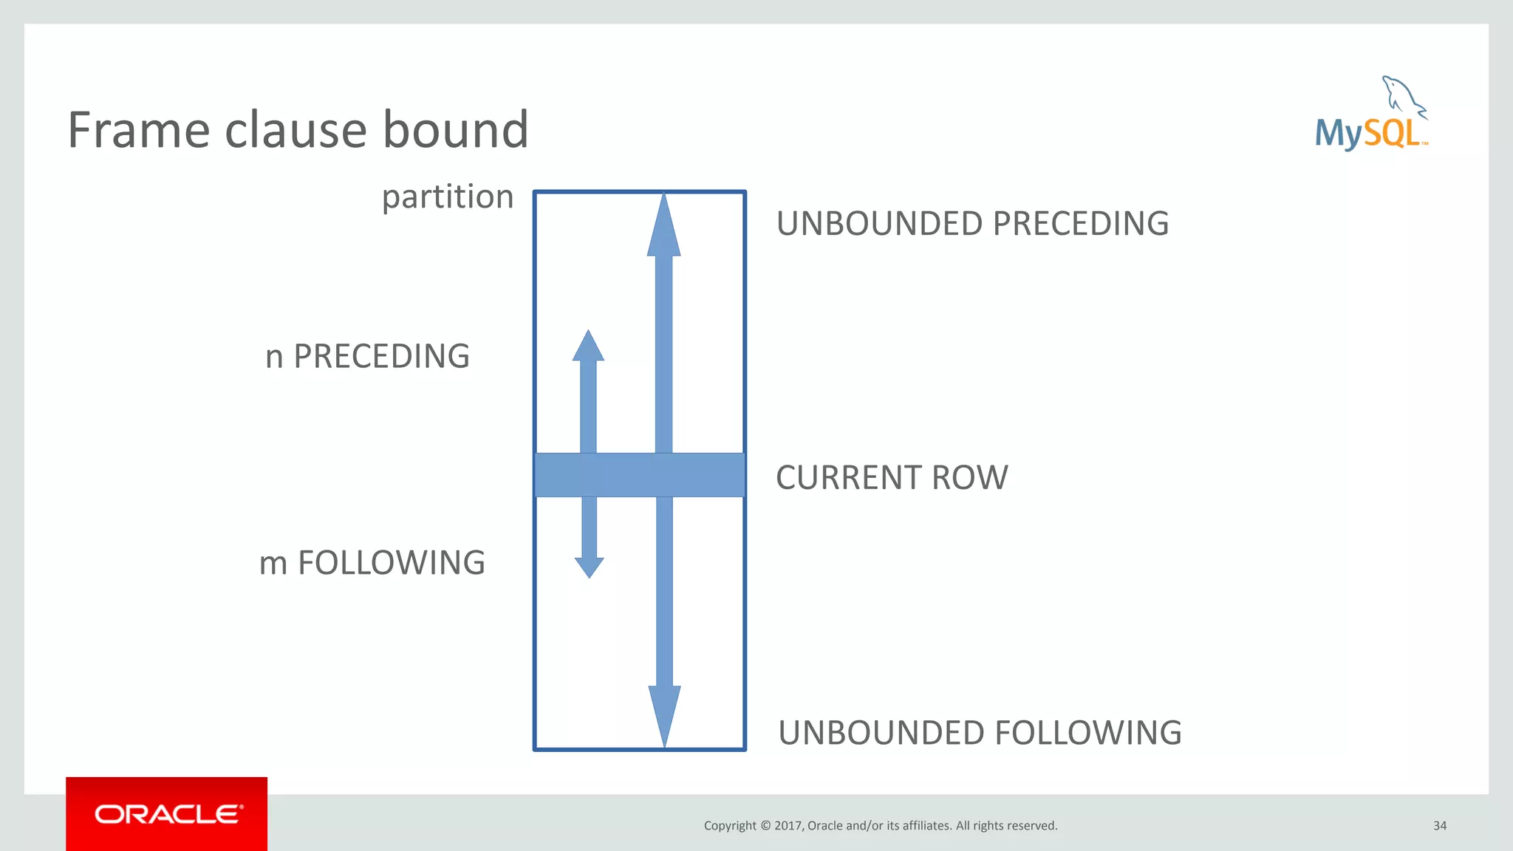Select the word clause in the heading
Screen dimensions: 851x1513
click(295, 130)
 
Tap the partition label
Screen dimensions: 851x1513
click(447, 197)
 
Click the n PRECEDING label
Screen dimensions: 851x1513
click(367, 356)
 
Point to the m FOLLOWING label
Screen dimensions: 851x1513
click(372, 563)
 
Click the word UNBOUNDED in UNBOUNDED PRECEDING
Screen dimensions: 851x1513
click(879, 224)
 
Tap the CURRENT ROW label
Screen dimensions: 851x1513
click(892, 477)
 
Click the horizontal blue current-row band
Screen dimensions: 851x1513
click(639, 475)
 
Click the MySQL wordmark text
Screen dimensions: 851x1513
click(1368, 134)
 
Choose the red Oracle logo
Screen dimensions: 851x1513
click(167, 814)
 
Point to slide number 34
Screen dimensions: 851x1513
click(1439, 826)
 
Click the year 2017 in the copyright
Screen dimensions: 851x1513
click(788, 826)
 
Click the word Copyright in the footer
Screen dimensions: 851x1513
click(730, 826)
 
